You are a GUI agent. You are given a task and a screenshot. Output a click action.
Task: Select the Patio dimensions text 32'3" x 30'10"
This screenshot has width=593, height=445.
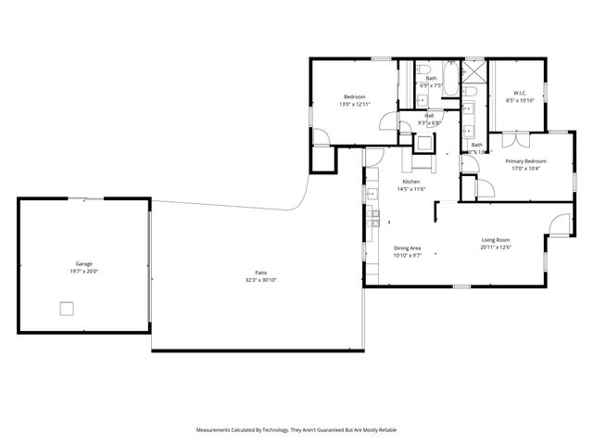coord(261,279)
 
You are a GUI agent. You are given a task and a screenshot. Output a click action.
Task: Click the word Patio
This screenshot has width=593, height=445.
coord(261,273)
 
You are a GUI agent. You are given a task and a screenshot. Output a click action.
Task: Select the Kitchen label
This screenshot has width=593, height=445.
coord(411,182)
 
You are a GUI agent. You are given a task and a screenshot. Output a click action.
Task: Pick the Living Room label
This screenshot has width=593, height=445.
coord(496,240)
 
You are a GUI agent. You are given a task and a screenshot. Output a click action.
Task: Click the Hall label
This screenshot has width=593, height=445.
coord(429,116)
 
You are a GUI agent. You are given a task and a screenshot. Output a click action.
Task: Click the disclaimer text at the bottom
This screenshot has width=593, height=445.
coord(295,430)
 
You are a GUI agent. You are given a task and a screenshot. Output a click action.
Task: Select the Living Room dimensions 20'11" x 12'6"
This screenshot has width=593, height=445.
coord(496,248)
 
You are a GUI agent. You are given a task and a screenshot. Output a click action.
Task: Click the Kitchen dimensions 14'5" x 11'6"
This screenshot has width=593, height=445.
coord(411,189)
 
